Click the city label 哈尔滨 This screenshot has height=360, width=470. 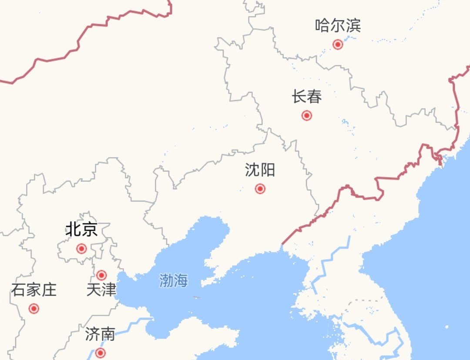338,26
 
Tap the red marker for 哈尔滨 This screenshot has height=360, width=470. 338,44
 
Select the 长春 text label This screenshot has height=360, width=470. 307,97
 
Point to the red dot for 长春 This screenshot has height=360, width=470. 307,115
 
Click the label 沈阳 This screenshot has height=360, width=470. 260,170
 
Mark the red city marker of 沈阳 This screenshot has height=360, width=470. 260,188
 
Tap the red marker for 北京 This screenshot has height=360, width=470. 81,249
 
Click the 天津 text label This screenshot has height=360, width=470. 101,289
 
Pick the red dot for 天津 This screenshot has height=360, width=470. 101,275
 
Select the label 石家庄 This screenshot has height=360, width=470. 34,289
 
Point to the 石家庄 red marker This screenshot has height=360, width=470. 34,309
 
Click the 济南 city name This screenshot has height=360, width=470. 100,335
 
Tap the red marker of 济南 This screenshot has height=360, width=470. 101,353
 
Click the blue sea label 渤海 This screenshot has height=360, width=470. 173,281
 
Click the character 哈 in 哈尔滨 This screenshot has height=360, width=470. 323,26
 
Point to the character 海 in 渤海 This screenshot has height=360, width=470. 181,281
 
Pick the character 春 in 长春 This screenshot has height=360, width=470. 314,97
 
